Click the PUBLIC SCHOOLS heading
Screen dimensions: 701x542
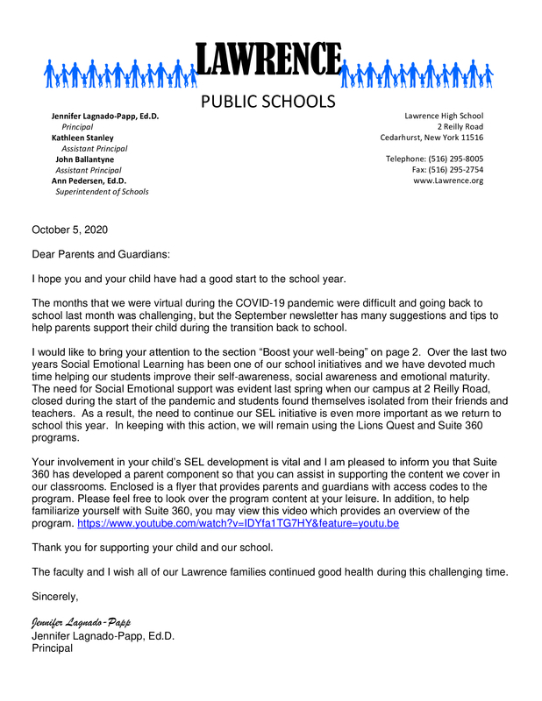point(268,102)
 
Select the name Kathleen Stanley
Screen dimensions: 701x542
point(82,138)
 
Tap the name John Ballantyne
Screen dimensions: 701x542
point(85,159)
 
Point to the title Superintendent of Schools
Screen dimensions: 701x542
point(102,191)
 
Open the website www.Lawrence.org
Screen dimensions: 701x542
point(447,181)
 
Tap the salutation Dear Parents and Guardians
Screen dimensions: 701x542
point(100,254)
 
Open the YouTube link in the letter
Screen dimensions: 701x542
point(239,523)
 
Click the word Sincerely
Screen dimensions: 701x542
point(54,597)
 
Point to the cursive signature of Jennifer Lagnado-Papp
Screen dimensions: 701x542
point(87,622)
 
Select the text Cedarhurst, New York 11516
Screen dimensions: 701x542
point(431,138)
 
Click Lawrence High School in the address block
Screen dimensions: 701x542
point(443,116)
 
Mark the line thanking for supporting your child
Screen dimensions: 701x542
point(152,548)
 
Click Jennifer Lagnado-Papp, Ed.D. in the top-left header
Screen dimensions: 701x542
point(105,116)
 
